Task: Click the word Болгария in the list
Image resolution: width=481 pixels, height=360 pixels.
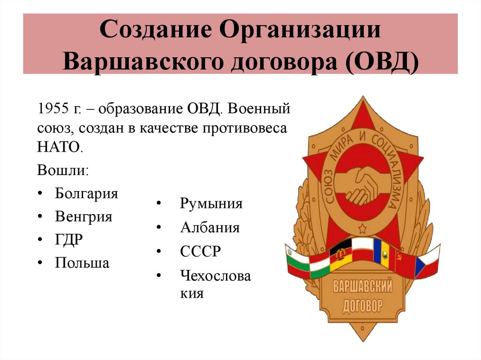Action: click(x=86, y=193)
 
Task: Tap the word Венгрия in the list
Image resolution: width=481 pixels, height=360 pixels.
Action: click(x=83, y=217)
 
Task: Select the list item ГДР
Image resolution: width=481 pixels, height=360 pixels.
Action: click(x=69, y=240)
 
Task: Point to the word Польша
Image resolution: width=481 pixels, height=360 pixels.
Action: click(x=82, y=263)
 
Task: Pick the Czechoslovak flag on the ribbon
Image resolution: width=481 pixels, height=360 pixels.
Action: click(x=427, y=263)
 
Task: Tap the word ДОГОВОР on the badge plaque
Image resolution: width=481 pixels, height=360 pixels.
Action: click(x=362, y=306)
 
